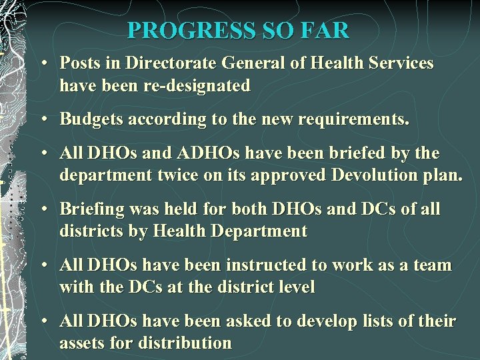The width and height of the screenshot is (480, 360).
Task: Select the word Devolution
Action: (361, 176)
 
